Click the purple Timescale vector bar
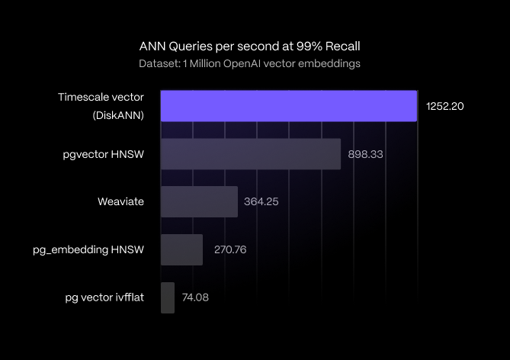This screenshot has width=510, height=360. click(289, 106)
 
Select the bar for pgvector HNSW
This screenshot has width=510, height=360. click(251, 154)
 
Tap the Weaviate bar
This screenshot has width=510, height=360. click(200, 202)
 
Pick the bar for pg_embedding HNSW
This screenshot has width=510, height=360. click(182, 249)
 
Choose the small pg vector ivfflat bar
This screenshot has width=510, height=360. click(168, 297)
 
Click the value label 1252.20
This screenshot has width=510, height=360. click(445, 106)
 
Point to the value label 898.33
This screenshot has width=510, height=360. click(365, 154)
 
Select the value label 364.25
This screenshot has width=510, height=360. click(263, 202)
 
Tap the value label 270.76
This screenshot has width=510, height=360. click(228, 249)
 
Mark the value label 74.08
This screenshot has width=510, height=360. click(195, 297)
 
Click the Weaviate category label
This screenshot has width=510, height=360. click(121, 202)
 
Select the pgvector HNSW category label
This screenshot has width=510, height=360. click(104, 154)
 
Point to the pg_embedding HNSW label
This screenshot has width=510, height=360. click(88, 249)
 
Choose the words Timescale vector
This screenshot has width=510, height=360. click(101, 97)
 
